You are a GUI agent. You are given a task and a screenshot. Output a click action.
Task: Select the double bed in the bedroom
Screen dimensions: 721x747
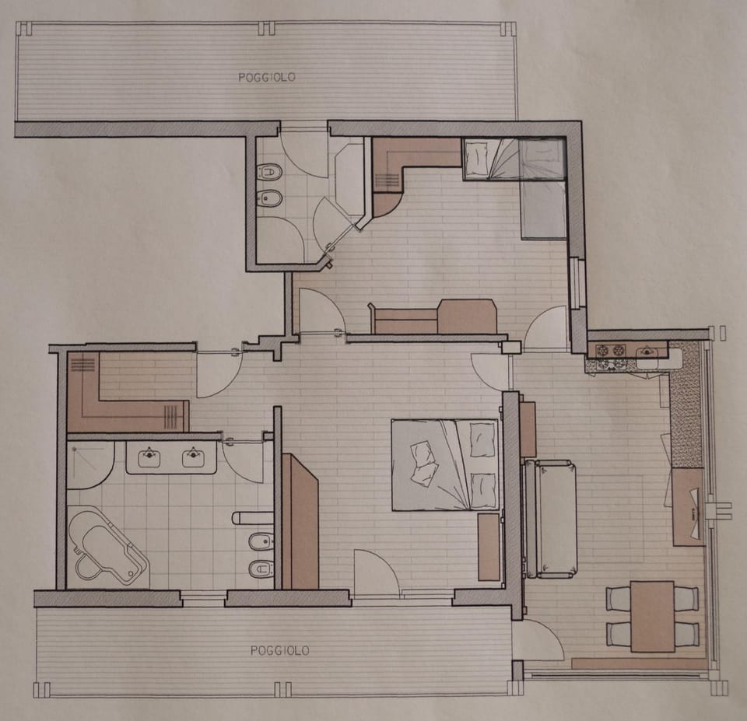pyautogui.click(x=445, y=464)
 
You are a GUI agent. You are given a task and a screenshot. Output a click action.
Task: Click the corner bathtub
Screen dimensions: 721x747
pyautogui.click(x=107, y=545)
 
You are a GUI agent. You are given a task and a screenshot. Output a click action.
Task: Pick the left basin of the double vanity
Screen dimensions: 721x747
pyautogui.click(x=149, y=458)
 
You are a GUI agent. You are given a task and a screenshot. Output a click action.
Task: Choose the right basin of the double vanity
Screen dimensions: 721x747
pyautogui.click(x=194, y=458)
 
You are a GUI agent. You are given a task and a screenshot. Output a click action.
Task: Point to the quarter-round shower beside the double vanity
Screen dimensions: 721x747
pyautogui.click(x=87, y=464)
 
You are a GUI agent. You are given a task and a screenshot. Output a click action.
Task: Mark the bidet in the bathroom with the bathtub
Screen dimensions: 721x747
pyautogui.click(x=261, y=541)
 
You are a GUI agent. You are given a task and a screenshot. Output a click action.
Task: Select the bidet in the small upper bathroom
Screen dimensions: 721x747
pyautogui.click(x=270, y=198)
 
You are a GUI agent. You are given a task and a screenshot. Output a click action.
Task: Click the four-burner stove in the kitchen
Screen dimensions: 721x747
pyautogui.click(x=611, y=352)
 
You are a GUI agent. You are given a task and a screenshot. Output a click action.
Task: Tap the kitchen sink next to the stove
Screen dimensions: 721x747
pyautogui.click(x=647, y=353)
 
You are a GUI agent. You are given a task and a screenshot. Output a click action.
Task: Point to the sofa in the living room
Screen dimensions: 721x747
pyautogui.click(x=551, y=518)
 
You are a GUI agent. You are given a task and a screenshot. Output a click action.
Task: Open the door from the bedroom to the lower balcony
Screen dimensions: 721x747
pyautogui.click(x=376, y=576)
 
